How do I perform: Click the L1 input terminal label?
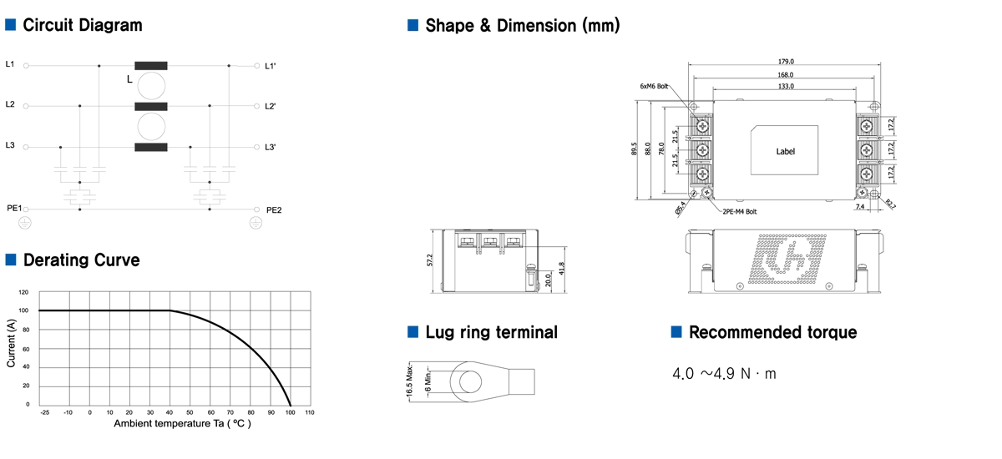tap(10, 64)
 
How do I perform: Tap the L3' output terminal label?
tap(271, 148)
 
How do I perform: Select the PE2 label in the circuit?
tap(274, 209)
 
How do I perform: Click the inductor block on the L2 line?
tap(151, 107)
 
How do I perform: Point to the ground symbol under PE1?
tap(25, 222)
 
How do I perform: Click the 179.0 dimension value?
tap(785, 61)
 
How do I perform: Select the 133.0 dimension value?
tap(785, 86)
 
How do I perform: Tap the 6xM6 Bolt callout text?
tap(654, 86)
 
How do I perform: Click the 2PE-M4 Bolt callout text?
tap(740, 212)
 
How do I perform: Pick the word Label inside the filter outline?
tap(785, 151)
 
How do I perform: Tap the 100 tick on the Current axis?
tap(23, 310)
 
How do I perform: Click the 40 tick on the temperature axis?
tap(170, 412)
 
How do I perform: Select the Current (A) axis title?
tap(11, 345)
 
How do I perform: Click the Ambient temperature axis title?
tap(182, 423)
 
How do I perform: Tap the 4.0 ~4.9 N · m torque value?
tap(724, 373)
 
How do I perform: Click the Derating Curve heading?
tap(81, 260)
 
